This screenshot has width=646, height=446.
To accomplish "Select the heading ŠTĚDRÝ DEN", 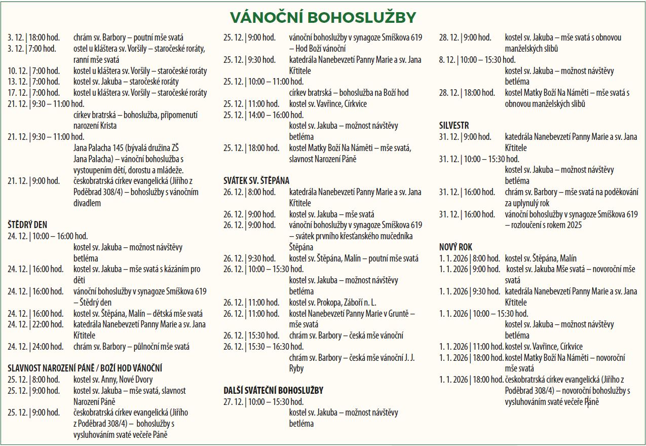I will (27, 225).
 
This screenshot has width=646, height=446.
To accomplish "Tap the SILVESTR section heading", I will (454, 125).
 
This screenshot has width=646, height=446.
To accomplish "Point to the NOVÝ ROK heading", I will (455, 247).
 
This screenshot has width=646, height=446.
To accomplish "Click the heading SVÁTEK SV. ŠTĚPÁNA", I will (256, 180).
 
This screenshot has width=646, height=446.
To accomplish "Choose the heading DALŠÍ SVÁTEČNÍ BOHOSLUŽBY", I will (273, 391).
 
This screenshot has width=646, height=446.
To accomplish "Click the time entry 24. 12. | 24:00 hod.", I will (35, 347).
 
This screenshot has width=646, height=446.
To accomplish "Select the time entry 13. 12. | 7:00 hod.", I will (33, 82).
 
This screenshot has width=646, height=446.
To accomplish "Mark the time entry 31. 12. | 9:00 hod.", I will (465, 137).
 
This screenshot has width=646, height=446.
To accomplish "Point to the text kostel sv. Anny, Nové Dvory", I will (112, 380).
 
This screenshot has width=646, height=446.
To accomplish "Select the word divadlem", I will (87, 203).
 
